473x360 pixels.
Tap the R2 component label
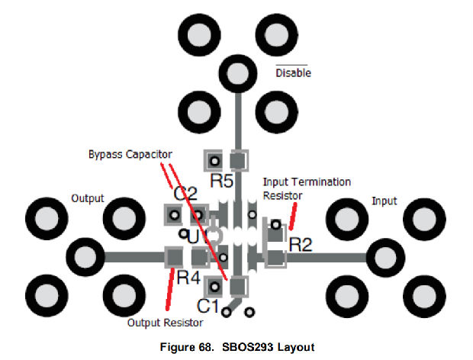point(300,245)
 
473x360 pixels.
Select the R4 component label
point(188,277)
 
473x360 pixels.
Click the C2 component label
point(186,193)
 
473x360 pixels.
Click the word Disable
point(293,73)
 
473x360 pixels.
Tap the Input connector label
point(385,201)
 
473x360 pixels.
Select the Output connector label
point(88,198)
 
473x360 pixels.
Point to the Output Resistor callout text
point(162,322)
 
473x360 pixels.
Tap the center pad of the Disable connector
point(239,73)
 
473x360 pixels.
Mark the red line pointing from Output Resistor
point(164,289)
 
